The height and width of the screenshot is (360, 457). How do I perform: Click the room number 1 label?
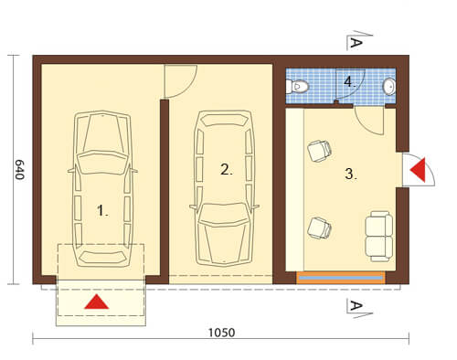pos(102,210)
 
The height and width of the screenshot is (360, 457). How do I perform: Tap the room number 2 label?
pos(227,169)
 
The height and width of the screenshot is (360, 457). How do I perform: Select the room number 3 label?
pos(351,174)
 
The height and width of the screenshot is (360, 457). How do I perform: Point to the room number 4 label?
pos(350,81)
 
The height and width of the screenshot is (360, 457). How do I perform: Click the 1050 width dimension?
pos(221,333)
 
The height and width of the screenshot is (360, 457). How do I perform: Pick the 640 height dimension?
pos(19,170)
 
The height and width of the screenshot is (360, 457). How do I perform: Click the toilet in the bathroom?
pos(297,86)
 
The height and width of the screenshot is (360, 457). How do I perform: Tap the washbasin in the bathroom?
pos(389,86)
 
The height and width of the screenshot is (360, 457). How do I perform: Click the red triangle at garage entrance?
pos(97,302)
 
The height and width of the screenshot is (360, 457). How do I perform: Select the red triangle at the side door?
pos(418,170)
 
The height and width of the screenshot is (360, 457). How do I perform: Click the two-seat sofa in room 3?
pos(378,237)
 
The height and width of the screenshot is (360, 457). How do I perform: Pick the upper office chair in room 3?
pos(319,151)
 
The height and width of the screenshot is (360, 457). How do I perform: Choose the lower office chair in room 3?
pos(319,228)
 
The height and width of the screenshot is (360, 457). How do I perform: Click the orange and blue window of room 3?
pos(341,278)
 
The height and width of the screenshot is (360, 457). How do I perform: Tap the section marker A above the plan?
pos(356,42)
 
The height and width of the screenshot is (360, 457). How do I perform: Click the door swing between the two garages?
pos(190,89)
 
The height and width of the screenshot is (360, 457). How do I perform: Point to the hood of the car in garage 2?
pos(224,243)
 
